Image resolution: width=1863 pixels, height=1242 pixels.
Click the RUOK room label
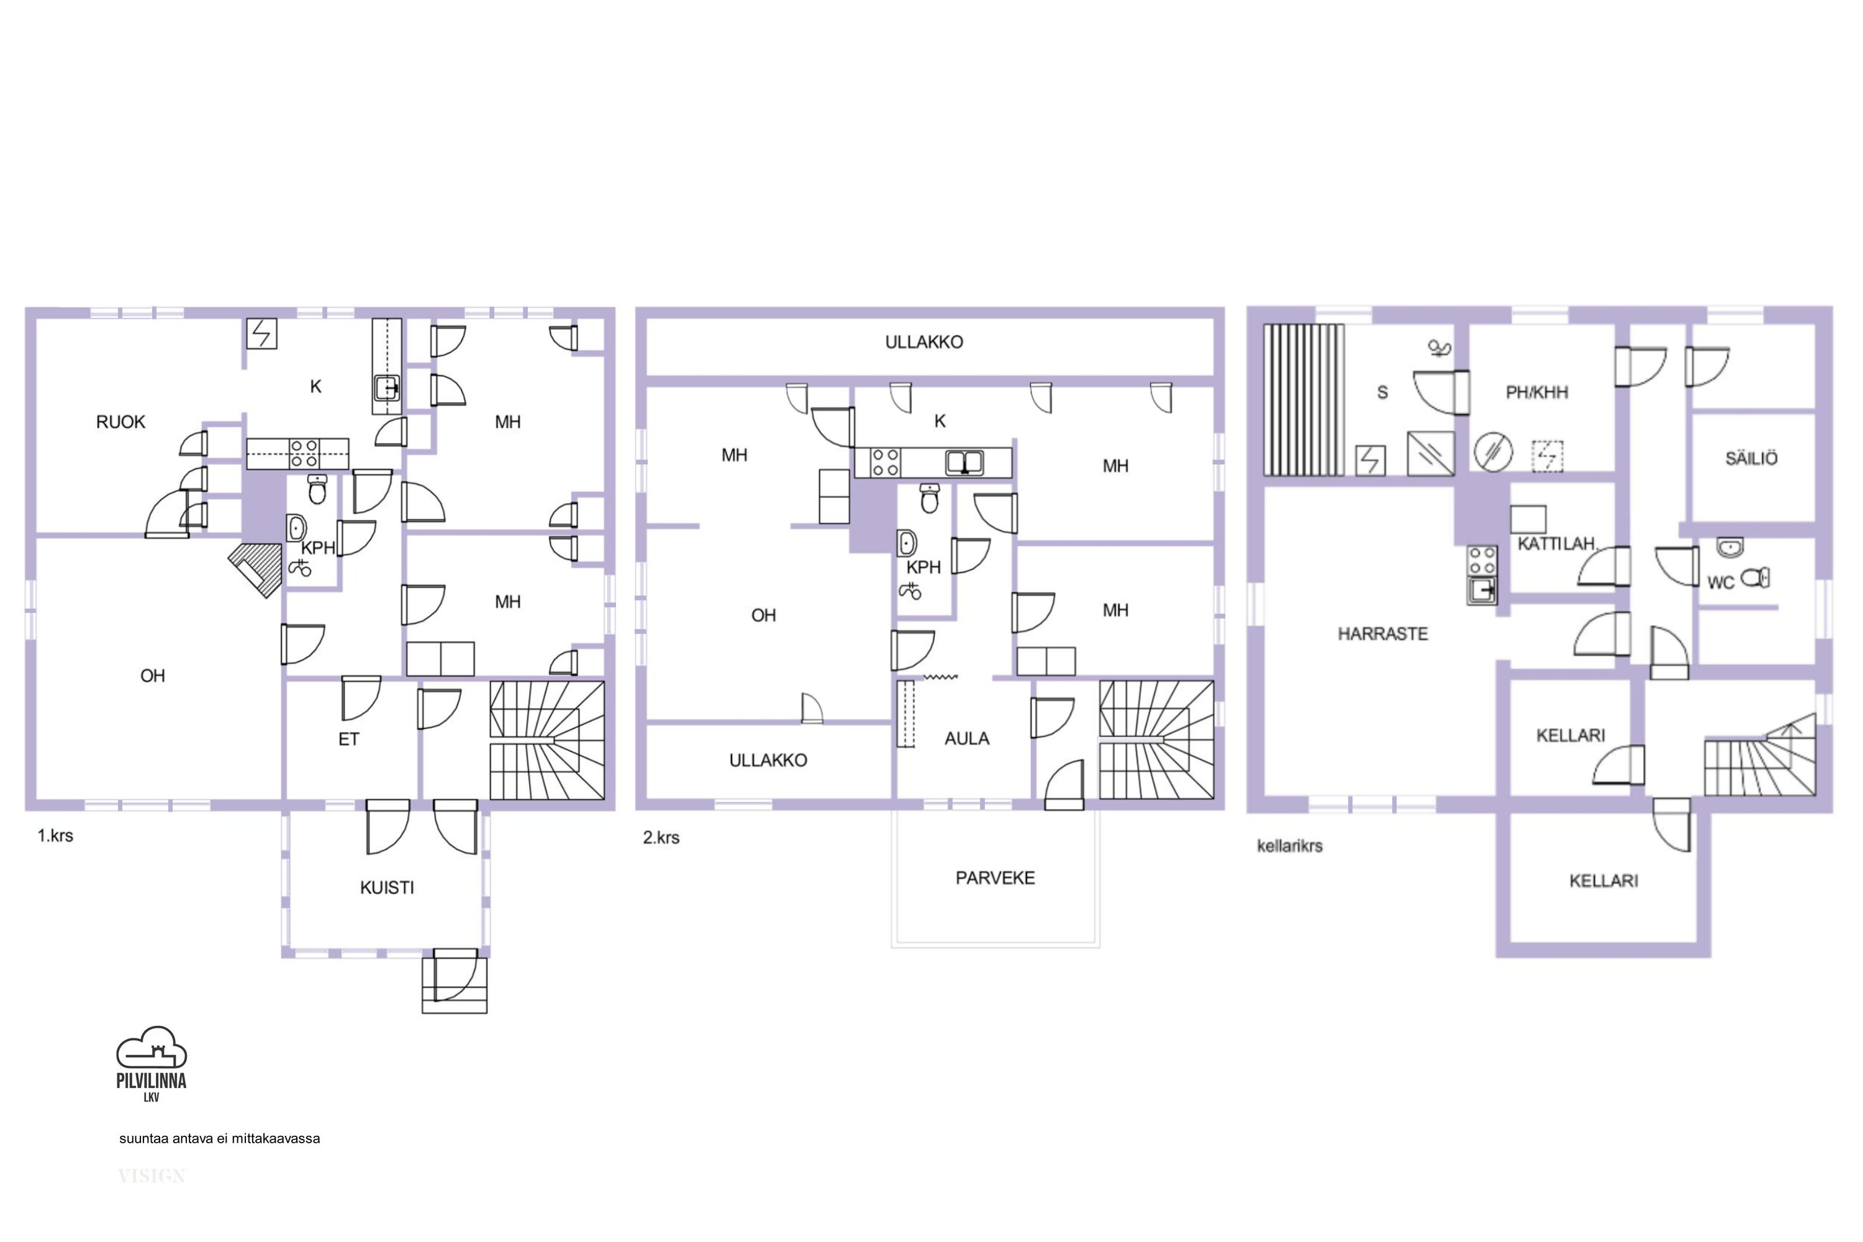tap(120, 422)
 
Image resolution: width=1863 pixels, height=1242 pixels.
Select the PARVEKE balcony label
tap(995, 877)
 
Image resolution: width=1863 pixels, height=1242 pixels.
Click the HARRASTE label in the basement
tap(1382, 633)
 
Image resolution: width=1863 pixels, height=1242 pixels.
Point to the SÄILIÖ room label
tap(1751, 458)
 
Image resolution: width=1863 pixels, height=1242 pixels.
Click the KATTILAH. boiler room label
tap(1556, 544)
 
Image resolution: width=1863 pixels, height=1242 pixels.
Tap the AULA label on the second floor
tap(966, 738)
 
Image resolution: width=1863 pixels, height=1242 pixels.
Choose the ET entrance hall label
tap(348, 739)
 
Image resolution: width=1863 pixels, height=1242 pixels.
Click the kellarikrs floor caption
tap(1290, 846)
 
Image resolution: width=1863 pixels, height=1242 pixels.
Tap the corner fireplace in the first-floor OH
tap(256, 569)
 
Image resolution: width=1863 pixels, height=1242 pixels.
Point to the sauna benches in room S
tap(1303, 399)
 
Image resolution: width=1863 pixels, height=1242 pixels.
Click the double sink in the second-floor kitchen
tap(964, 463)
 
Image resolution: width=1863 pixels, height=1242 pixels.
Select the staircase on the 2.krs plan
tap(1156, 740)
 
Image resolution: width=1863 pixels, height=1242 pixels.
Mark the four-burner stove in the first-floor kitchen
tap(304, 454)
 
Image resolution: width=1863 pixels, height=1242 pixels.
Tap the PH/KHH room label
tap(1536, 392)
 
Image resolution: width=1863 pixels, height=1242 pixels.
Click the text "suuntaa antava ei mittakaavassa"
tap(219, 1138)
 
